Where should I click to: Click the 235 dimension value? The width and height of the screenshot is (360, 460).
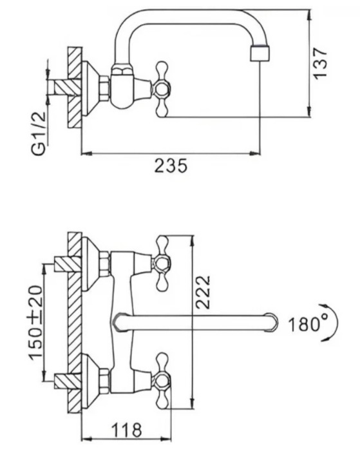tap(170, 166)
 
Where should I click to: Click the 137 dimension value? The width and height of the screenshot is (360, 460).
tap(320, 63)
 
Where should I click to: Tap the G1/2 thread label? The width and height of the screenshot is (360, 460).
tap(39, 133)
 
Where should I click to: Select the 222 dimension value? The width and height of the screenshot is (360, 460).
tap(203, 292)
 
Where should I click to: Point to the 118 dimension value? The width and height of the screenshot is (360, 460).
tap(126, 430)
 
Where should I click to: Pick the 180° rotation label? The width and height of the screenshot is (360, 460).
tap(305, 325)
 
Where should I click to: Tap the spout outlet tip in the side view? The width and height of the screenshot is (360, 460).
tap(260, 53)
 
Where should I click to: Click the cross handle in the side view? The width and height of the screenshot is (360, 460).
tap(162, 89)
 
